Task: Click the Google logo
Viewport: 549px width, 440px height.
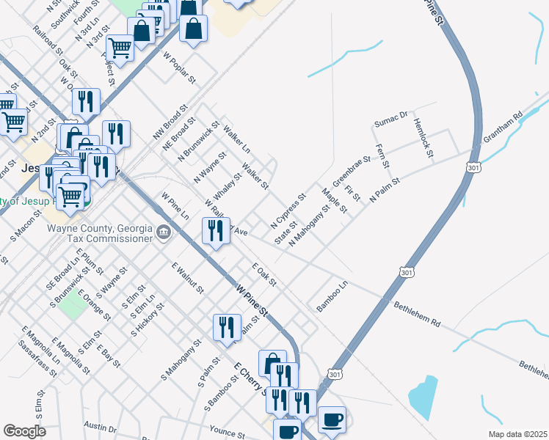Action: click(x=24, y=431)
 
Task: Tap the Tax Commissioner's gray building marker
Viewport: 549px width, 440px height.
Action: click(x=163, y=234)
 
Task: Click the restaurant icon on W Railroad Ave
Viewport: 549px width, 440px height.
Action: click(x=214, y=232)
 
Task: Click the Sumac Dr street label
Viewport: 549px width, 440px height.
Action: click(x=390, y=119)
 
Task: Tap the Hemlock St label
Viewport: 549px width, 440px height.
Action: click(x=424, y=136)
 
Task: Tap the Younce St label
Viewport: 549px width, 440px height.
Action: click(x=225, y=431)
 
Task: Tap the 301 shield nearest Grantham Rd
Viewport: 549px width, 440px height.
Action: click(x=472, y=168)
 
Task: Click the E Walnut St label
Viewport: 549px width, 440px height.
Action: click(x=186, y=279)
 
